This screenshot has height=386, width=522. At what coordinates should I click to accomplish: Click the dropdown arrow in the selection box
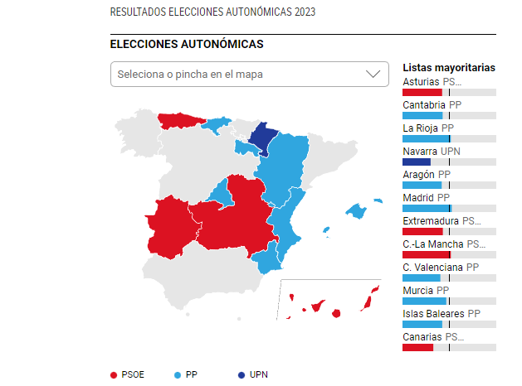373,74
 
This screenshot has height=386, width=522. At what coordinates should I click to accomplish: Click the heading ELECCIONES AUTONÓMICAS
187,44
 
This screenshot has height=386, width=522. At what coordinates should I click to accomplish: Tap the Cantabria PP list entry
432,105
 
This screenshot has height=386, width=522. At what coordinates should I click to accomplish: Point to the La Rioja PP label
427,128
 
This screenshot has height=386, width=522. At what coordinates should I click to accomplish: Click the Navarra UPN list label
431,152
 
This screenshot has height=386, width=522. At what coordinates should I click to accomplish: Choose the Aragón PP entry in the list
426,175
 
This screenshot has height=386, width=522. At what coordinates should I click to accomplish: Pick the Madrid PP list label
426,198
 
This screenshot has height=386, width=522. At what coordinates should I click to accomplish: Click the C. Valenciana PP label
440,268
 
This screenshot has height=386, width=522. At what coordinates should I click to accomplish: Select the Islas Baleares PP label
441,314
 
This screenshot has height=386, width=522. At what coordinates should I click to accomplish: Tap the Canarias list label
432,337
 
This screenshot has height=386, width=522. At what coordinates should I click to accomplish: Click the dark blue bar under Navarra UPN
416,162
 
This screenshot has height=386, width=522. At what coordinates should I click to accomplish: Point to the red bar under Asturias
422,92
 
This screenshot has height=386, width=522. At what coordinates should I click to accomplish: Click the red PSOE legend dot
115,375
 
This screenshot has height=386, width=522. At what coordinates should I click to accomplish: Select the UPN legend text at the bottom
258,375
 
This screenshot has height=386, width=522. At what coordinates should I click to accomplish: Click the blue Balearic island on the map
357,211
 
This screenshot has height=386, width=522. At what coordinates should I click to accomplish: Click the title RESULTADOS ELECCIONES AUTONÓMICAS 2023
212,12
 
